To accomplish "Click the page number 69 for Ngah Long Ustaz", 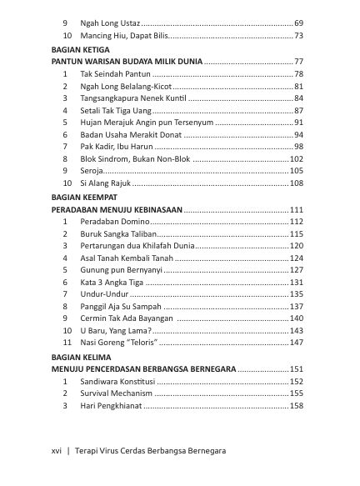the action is click(298, 22).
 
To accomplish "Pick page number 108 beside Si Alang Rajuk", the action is click(296, 183).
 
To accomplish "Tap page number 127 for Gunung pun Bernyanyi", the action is click(296, 270).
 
